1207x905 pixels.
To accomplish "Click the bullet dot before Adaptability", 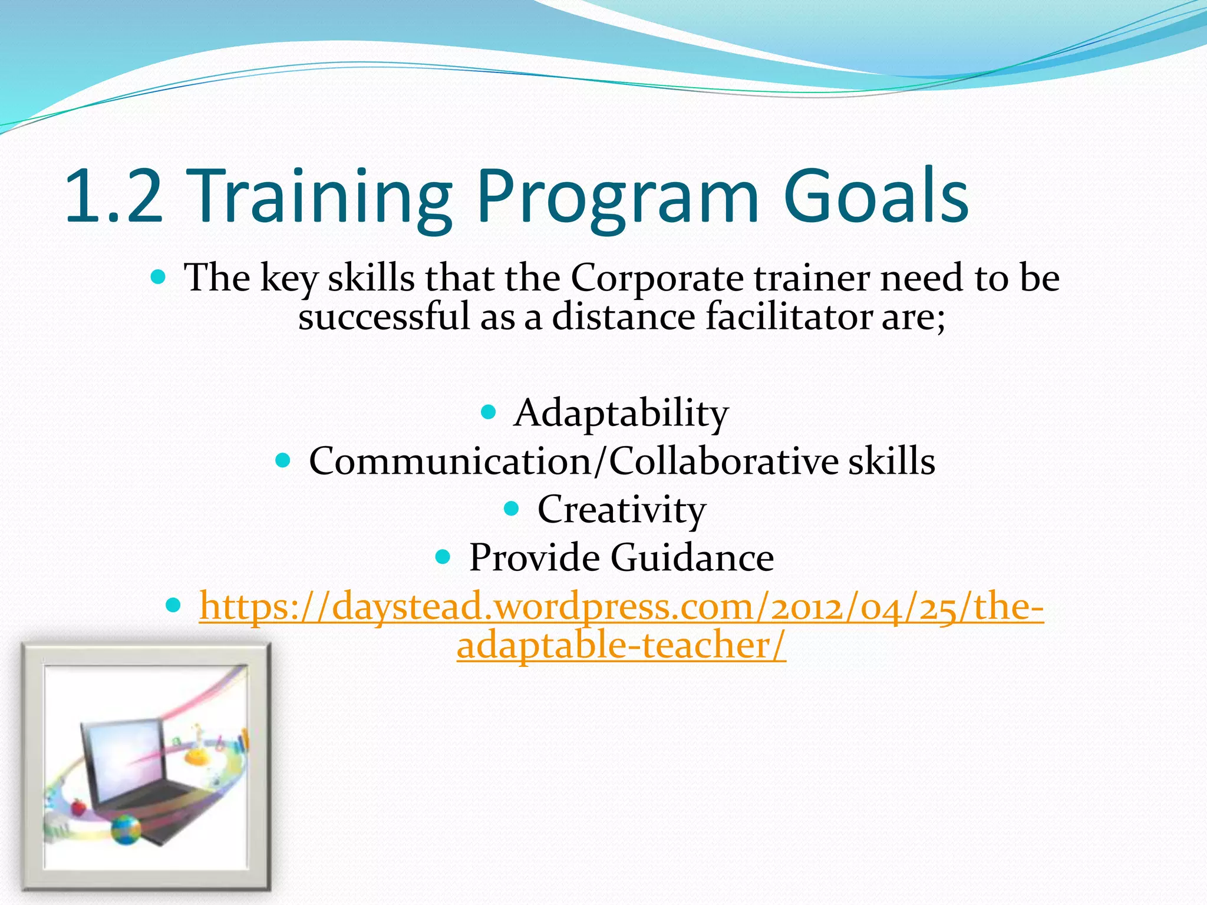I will pyautogui.click(x=489, y=411).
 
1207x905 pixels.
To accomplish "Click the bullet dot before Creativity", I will pyautogui.click(x=512, y=507).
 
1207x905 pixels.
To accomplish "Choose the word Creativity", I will pyautogui.click(x=621, y=510).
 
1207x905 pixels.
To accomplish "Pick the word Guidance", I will pyautogui.click(x=692, y=557).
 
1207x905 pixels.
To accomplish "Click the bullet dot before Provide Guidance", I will pyautogui.click(x=443, y=556).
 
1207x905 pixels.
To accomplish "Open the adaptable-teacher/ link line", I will pyautogui.click(x=621, y=646).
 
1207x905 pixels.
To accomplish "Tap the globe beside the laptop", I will pyautogui.click(x=126, y=830).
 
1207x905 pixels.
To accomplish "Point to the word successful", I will pyautogui.click(x=384, y=317).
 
